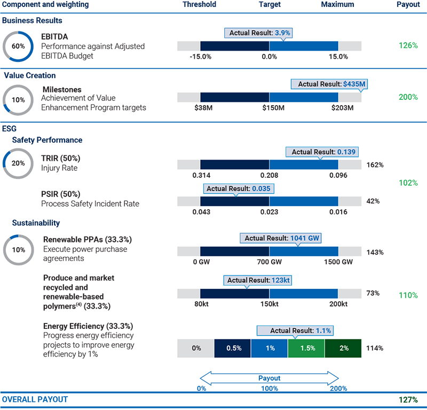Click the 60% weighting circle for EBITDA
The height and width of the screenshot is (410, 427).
pyautogui.click(x=18, y=46)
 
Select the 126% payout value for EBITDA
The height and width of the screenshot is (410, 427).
pyautogui.click(x=408, y=45)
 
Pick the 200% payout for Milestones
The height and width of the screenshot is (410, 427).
pyautogui.click(x=408, y=97)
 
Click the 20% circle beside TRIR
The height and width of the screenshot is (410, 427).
pyautogui.click(x=18, y=163)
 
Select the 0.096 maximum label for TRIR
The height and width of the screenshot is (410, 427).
pyautogui.click(x=338, y=176)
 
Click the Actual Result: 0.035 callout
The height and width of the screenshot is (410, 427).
pyautogui.click(x=239, y=188)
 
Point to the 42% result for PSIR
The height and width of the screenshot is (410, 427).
pyautogui.click(x=373, y=201)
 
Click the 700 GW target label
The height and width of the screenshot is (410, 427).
pyautogui.click(x=269, y=262)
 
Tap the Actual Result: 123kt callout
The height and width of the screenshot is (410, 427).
pyautogui.click(x=259, y=280)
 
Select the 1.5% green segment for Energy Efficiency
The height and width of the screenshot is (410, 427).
pyautogui.click(x=306, y=348)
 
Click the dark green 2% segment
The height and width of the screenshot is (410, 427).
pyautogui.click(x=343, y=348)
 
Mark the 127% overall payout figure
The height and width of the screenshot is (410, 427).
pyautogui.click(x=408, y=399)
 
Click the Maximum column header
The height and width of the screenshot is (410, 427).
pyautogui.click(x=337, y=4)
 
